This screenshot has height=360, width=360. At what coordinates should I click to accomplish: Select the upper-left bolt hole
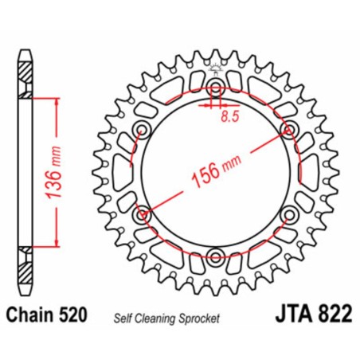click(x=143, y=129)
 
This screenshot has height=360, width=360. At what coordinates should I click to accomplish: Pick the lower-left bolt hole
click(x=143, y=213)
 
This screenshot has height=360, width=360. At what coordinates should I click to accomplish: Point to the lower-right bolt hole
click(x=288, y=213)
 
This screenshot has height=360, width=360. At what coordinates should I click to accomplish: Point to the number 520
click(x=82, y=315)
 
